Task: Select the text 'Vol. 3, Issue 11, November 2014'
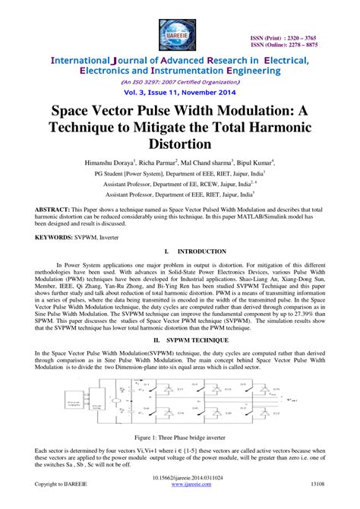[180, 89]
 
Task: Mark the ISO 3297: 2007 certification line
[180, 78]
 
